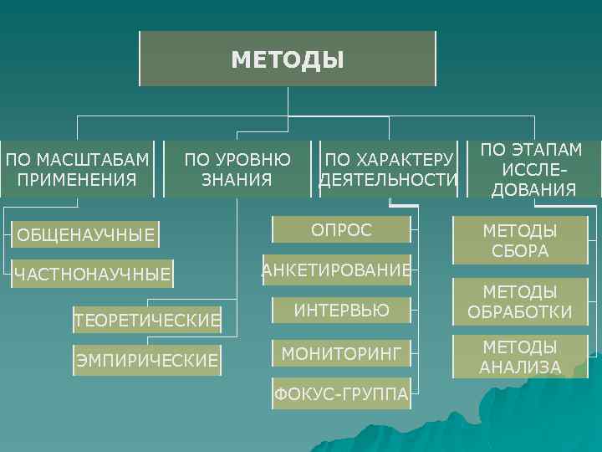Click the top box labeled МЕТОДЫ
point(287,59)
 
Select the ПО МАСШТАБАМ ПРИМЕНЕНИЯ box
point(78,168)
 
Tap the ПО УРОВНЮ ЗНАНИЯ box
point(237,168)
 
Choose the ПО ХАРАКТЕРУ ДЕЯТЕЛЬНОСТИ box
point(389,168)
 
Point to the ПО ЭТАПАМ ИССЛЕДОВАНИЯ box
point(533,168)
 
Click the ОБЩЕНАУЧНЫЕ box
point(86,235)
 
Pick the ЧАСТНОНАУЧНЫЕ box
point(92,273)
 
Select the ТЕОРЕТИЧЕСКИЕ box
point(147,319)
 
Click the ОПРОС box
point(341,230)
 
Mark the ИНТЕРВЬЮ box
point(341,311)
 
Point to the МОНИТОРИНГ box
point(341,353)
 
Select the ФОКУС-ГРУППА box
point(341,393)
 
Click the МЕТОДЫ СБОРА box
point(520,240)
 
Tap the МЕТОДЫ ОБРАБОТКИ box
point(520,302)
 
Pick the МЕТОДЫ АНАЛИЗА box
point(520,357)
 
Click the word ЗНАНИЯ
point(237,179)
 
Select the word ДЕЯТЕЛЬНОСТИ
point(389,179)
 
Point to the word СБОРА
point(520,250)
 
